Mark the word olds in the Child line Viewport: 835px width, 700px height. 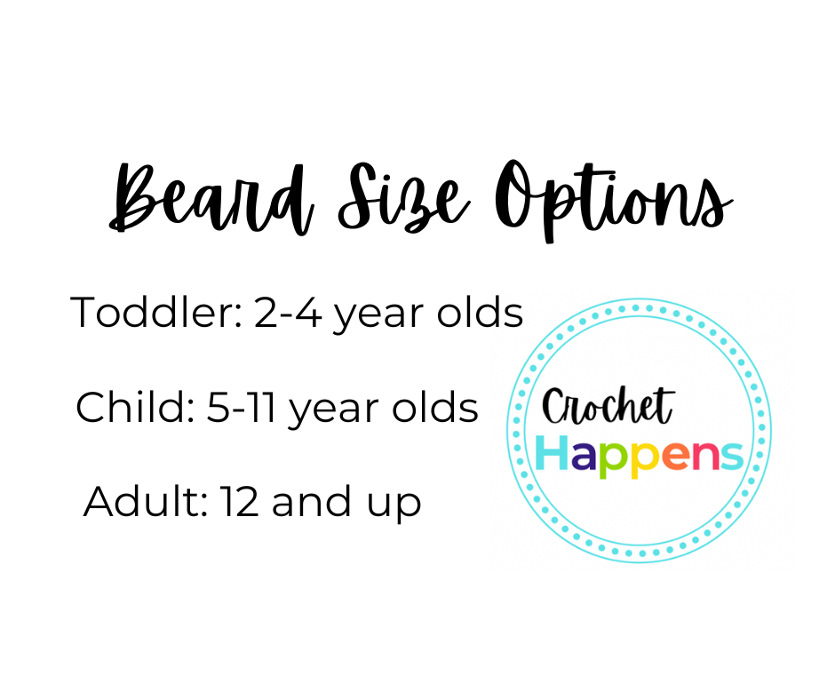[x=436, y=408]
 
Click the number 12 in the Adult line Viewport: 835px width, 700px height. [x=239, y=503]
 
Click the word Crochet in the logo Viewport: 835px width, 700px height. [x=608, y=408]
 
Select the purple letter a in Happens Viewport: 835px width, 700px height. [x=585, y=456]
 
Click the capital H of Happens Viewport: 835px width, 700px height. [x=553, y=453]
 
